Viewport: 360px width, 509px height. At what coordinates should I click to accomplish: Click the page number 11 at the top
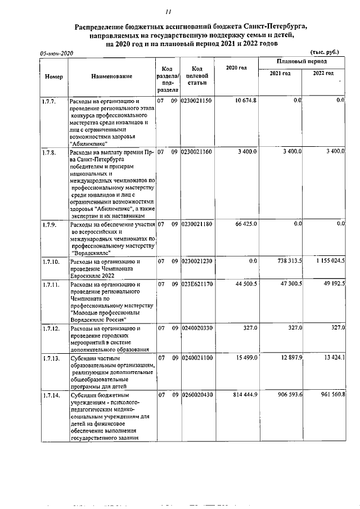click(168, 12)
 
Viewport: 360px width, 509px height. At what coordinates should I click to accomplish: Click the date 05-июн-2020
click(57, 52)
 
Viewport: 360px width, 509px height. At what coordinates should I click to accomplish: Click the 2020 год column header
click(236, 68)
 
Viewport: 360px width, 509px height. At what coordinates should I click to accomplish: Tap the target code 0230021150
click(197, 101)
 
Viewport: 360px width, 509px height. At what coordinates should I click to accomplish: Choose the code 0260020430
click(197, 395)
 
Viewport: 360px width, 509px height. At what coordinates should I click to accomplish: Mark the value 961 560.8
click(328, 395)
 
